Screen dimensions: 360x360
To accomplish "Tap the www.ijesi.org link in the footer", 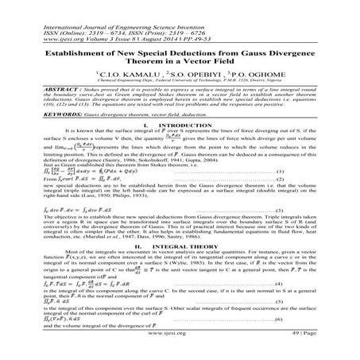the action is [179, 354].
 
